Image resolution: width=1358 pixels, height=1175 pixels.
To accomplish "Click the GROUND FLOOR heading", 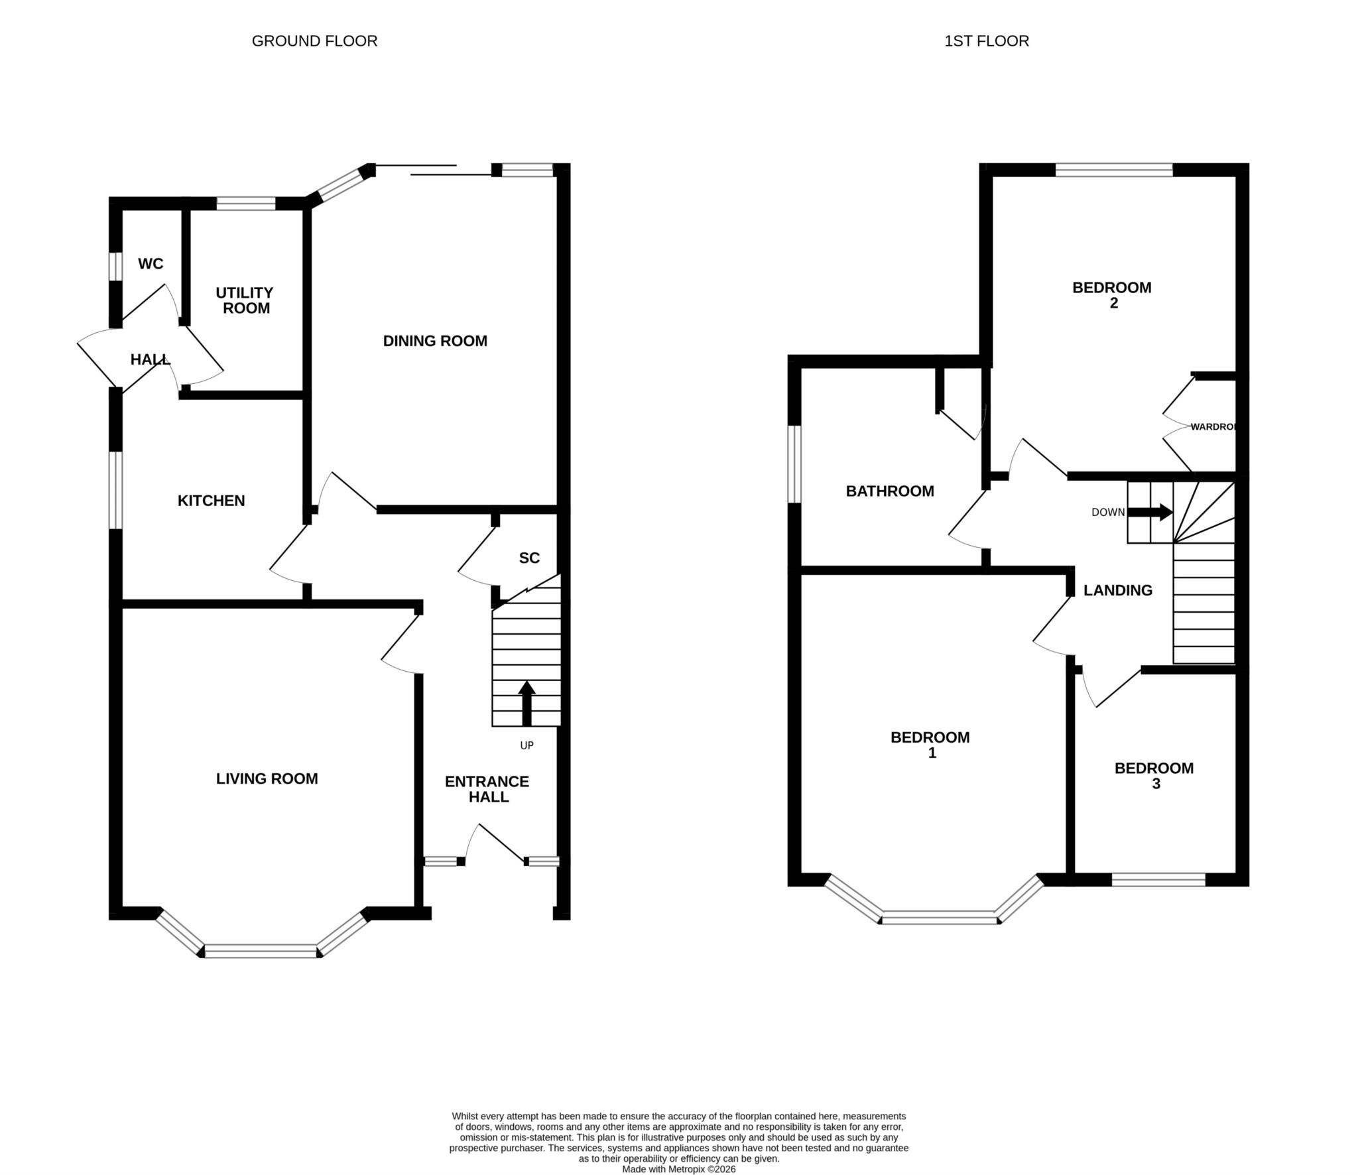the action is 314,41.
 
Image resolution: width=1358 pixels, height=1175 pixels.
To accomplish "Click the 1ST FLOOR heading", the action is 987,41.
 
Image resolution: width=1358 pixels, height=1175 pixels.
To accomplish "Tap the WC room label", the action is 151,264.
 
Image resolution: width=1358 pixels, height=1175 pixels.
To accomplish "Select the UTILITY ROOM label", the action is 245,300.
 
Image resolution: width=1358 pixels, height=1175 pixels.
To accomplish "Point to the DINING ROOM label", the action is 435,341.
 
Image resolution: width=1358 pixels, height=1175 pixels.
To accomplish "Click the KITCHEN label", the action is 212,501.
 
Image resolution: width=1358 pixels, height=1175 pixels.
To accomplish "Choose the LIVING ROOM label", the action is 267,778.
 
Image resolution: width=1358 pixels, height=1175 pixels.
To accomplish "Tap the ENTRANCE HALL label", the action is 487,789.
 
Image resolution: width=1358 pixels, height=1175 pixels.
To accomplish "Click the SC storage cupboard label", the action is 529,558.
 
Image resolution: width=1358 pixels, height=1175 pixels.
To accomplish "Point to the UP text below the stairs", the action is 526,745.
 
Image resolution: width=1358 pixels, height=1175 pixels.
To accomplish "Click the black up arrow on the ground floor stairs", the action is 526,703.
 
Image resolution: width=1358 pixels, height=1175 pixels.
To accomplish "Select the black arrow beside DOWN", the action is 1150,512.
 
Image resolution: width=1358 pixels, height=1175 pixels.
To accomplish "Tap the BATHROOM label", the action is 890,491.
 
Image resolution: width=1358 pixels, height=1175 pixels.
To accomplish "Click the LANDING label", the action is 1118,590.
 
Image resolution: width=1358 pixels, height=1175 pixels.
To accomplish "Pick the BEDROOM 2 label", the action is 1112,295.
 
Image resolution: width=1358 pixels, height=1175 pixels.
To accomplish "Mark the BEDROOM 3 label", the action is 1154,776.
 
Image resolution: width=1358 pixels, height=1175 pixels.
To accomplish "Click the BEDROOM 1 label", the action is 930,745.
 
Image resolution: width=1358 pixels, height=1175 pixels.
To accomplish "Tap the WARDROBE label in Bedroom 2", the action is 1213,427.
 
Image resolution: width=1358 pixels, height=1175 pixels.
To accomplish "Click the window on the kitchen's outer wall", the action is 116,490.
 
